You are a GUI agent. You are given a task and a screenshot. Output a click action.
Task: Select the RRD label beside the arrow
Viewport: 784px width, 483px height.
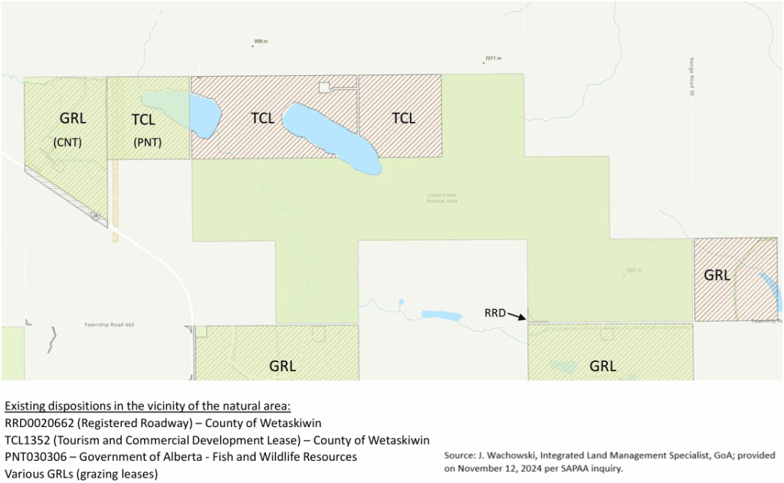[x=494, y=313]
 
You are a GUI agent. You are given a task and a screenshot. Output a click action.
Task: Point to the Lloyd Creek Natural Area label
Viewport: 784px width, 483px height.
[x=442, y=198]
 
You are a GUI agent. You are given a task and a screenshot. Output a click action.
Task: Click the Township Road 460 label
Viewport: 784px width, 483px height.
[x=109, y=325]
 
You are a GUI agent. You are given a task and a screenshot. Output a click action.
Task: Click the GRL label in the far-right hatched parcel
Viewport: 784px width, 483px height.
[x=717, y=275]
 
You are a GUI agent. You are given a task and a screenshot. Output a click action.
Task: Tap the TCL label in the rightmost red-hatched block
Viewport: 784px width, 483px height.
[x=403, y=118]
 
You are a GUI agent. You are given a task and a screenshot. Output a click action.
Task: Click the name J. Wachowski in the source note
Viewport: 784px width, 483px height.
[x=506, y=455]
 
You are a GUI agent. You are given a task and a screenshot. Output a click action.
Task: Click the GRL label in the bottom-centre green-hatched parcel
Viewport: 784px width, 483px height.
[x=282, y=366]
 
